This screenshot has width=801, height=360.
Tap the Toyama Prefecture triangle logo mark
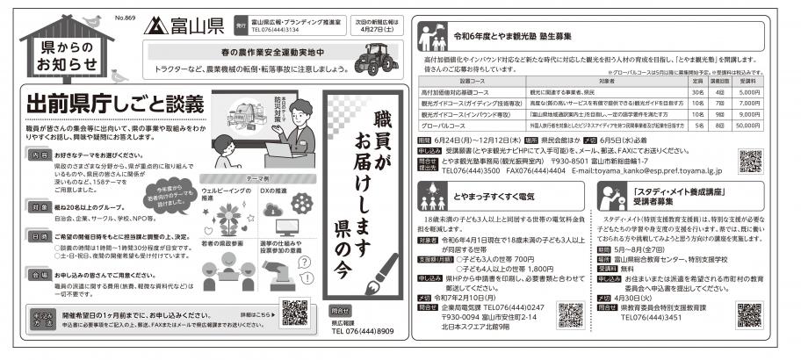pos(156,24)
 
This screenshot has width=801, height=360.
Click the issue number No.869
pos(123,17)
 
